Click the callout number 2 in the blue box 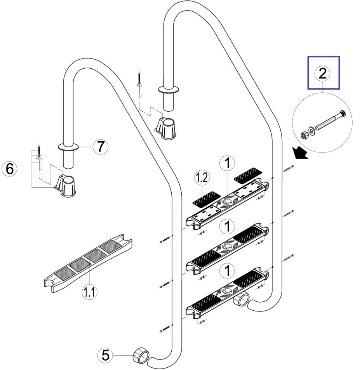tap(323, 73)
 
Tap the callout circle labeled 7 tap(100, 147)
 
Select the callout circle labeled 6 tap(10, 169)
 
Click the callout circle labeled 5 tap(106, 354)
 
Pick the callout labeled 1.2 tap(202, 178)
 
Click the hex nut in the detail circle tap(304, 135)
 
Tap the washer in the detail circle tap(312, 130)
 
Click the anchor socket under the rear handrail tap(166, 127)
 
